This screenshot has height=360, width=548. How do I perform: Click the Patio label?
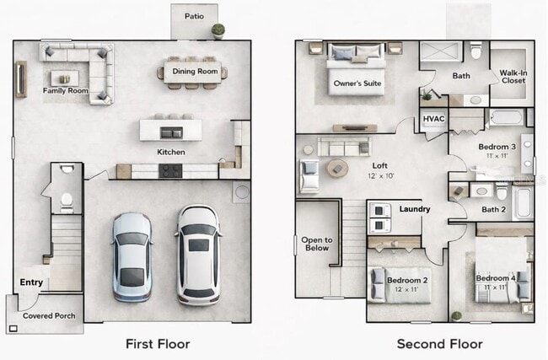tap(194, 16)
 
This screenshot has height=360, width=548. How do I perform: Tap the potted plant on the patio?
tap(218, 30)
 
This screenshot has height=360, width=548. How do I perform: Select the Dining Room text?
tap(195, 72)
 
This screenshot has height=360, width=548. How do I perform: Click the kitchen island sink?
tap(171, 133)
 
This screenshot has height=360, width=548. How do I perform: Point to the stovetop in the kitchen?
tap(170, 171)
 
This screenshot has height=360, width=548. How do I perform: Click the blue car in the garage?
tap(132, 257)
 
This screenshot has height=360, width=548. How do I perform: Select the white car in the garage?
tap(198, 255)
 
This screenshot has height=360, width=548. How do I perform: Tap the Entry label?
tap(31, 282)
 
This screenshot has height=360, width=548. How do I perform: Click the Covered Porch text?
tap(49, 315)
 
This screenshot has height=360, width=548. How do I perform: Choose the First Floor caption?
tap(158, 344)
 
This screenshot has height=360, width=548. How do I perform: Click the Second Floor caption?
tap(439, 344)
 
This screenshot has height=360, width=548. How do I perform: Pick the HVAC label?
tap(433, 119)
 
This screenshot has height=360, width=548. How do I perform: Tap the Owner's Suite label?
tap(357, 83)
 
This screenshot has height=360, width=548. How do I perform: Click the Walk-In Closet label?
tap(513, 77)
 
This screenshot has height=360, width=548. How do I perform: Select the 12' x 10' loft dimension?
tap(380, 176)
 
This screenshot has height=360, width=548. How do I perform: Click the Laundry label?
tap(415, 209)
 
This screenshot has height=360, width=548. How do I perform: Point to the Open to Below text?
tap(317, 244)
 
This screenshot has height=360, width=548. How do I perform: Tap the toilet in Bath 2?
tap(502, 191)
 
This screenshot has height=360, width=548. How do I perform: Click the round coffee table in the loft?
tap(337, 169)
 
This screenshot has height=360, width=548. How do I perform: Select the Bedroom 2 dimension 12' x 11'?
tap(406, 289)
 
